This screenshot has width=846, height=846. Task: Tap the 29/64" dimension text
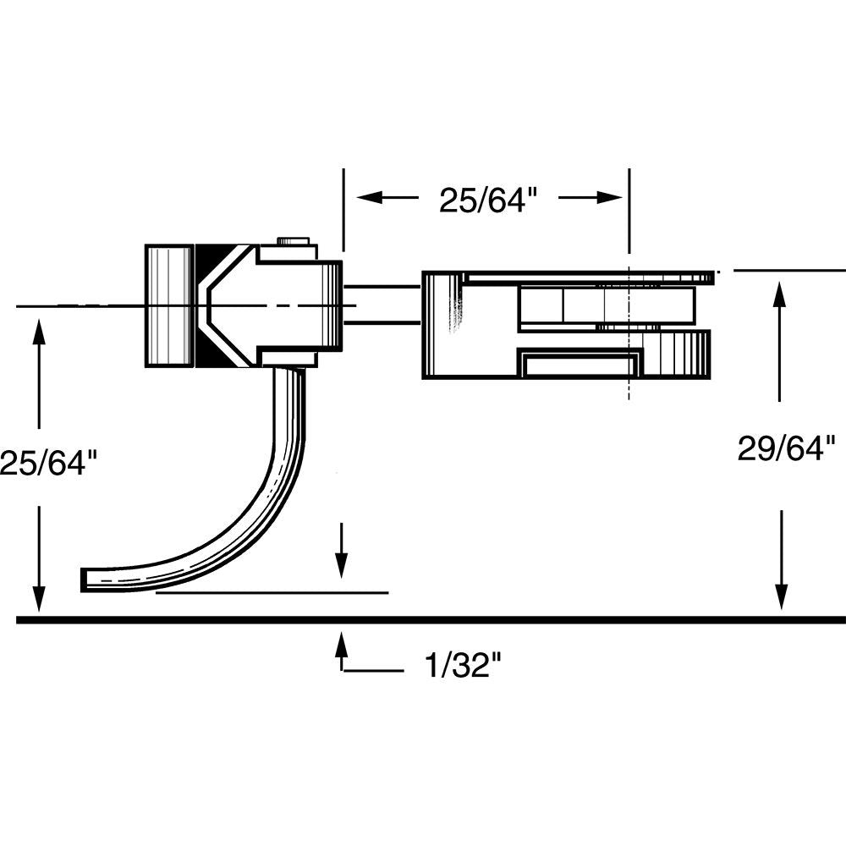(786, 448)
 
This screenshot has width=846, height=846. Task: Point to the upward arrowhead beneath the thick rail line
(341, 645)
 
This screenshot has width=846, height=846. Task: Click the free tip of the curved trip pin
(87, 580)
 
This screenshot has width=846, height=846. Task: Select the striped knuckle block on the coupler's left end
(169, 305)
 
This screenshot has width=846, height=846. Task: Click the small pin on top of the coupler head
(292, 241)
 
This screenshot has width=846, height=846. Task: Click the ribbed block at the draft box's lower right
(677, 354)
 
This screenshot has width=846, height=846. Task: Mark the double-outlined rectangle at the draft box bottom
(580, 365)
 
